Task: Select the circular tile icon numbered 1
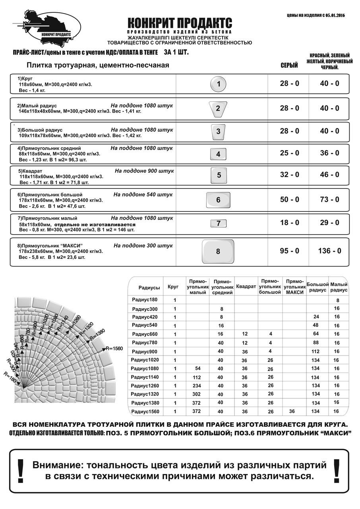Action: coord(218,84)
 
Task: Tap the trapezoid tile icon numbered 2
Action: coord(218,109)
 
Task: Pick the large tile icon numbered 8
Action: coord(218,251)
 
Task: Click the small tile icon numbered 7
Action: coord(218,223)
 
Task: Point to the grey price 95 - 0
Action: coord(289,251)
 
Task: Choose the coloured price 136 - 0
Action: coord(329,251)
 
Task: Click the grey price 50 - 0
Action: coord(289,200)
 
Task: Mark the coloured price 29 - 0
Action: coord(329,223)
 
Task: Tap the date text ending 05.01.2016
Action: coord(315,15)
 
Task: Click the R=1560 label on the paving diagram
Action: coord(114,348)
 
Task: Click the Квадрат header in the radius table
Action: coord(246,286)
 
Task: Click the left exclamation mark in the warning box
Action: coord(21,471)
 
